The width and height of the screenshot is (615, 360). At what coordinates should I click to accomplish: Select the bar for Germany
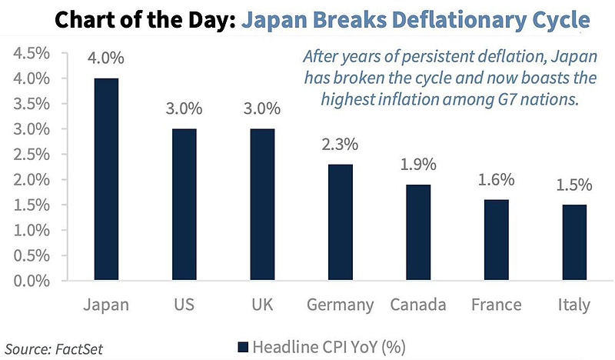(340, 222)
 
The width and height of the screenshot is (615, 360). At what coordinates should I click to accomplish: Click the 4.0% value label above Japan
(107, 58)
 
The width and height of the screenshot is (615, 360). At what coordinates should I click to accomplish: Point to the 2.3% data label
(340, 144)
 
